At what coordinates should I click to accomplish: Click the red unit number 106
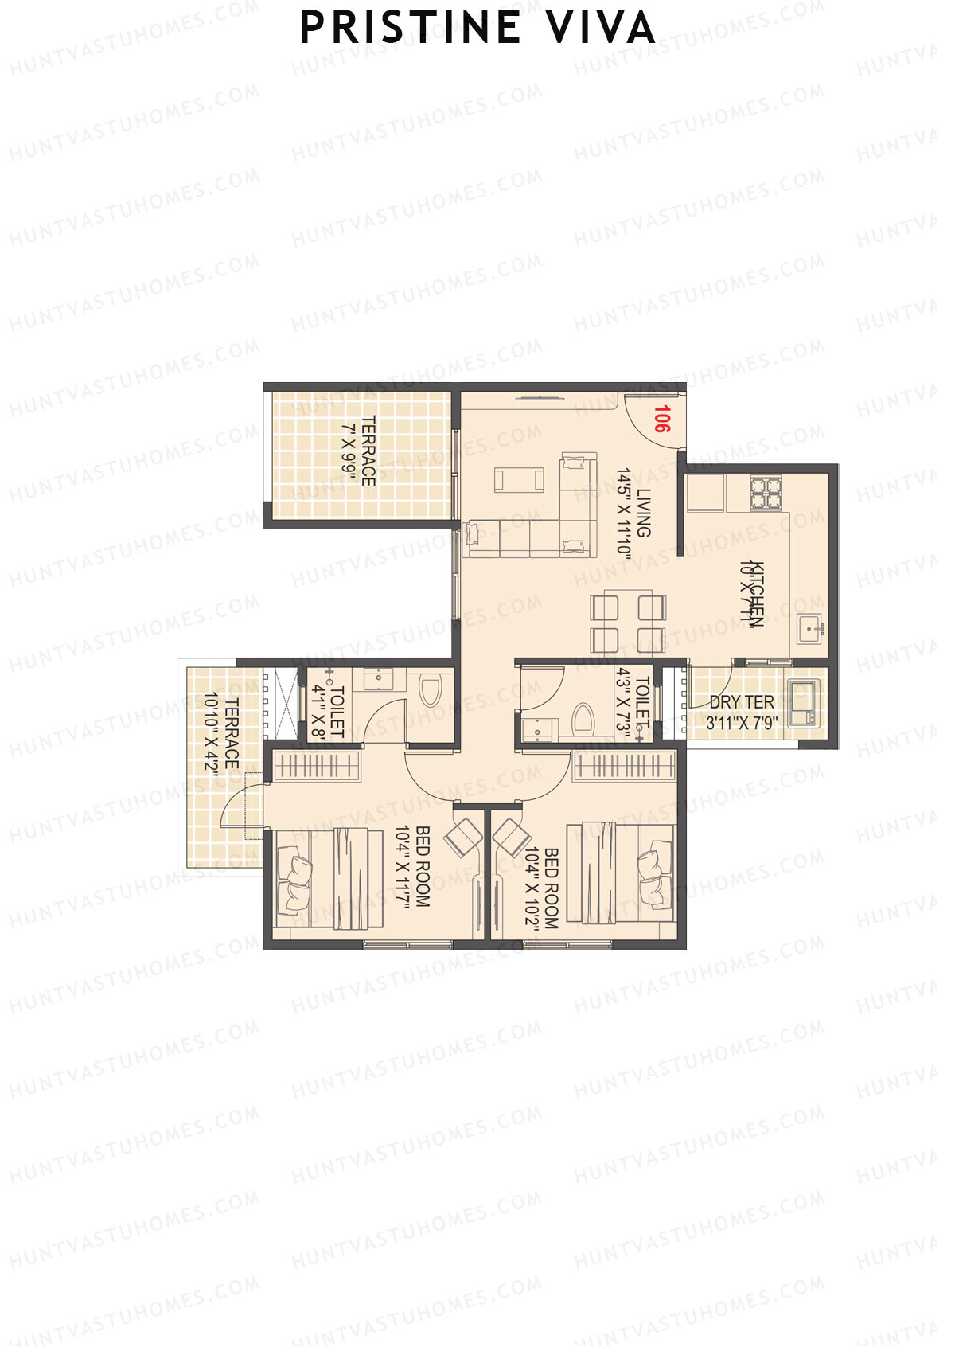pos(662,419)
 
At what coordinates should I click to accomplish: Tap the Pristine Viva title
pos(477,29)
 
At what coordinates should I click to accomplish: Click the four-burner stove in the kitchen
pos(765,493)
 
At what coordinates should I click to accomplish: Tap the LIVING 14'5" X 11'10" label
pos(632,514)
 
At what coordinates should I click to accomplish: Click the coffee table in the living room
pos(519,480)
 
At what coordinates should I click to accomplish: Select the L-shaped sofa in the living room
pos(557,525)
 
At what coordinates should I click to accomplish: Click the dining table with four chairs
pos(628,623)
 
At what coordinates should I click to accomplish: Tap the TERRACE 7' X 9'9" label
pos(359,451)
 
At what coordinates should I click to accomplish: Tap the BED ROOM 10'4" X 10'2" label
pos(542,888)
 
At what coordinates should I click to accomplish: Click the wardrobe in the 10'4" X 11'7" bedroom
pos(317,766)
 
